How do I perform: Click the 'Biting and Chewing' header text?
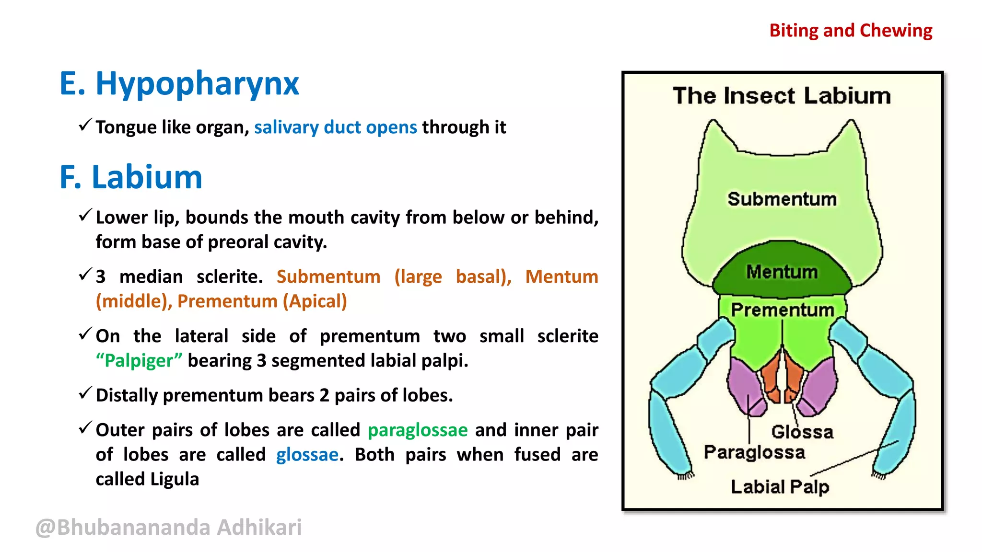[851, 31]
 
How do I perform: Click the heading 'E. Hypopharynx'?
[179, 84]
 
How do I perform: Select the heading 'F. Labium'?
[131, 177]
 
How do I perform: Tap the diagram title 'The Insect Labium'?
[782, 95]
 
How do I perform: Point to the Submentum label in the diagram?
[782, 199]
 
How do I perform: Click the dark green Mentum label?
[782, 272]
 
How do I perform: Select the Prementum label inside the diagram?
[782, 310]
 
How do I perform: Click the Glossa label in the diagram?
[802, 432]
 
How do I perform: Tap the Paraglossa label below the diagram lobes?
[754, 452]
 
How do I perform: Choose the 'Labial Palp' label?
[780, 487]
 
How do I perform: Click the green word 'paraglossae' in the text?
[418, 430]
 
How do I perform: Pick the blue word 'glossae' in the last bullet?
[307, 454]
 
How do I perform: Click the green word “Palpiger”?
[139, 360]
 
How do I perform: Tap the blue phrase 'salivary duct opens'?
[336, 127]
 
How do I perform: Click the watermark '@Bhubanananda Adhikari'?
[169, 527]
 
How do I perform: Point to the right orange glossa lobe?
[794, 381]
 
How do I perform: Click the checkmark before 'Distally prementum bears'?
[85, 393]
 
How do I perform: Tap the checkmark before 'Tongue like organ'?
[85, 126]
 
